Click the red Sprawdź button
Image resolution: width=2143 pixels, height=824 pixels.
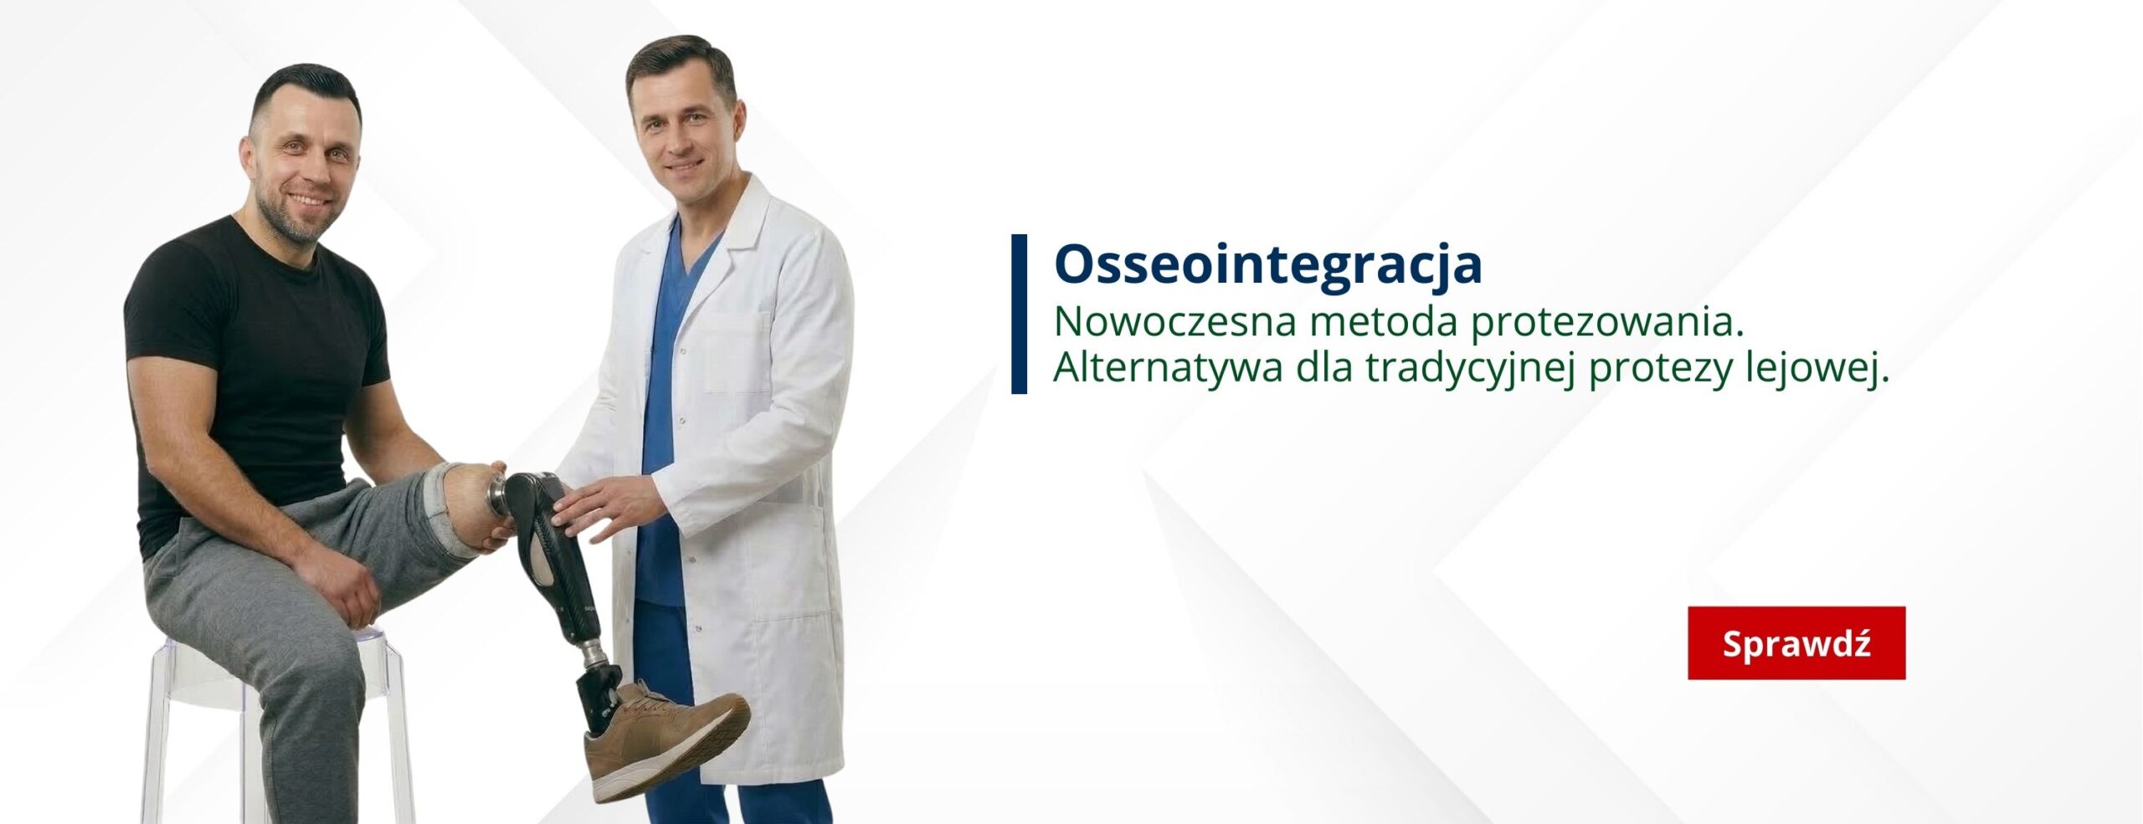click(1796, 642)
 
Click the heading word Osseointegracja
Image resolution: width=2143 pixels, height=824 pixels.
click(1267, 264)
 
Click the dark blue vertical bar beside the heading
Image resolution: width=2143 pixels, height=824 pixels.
click(1019, 314)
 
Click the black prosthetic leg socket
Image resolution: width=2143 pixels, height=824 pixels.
click(544, 552)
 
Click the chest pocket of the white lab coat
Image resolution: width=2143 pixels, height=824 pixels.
click(737, 351)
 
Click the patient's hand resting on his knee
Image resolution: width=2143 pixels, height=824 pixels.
click(339, 586)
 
